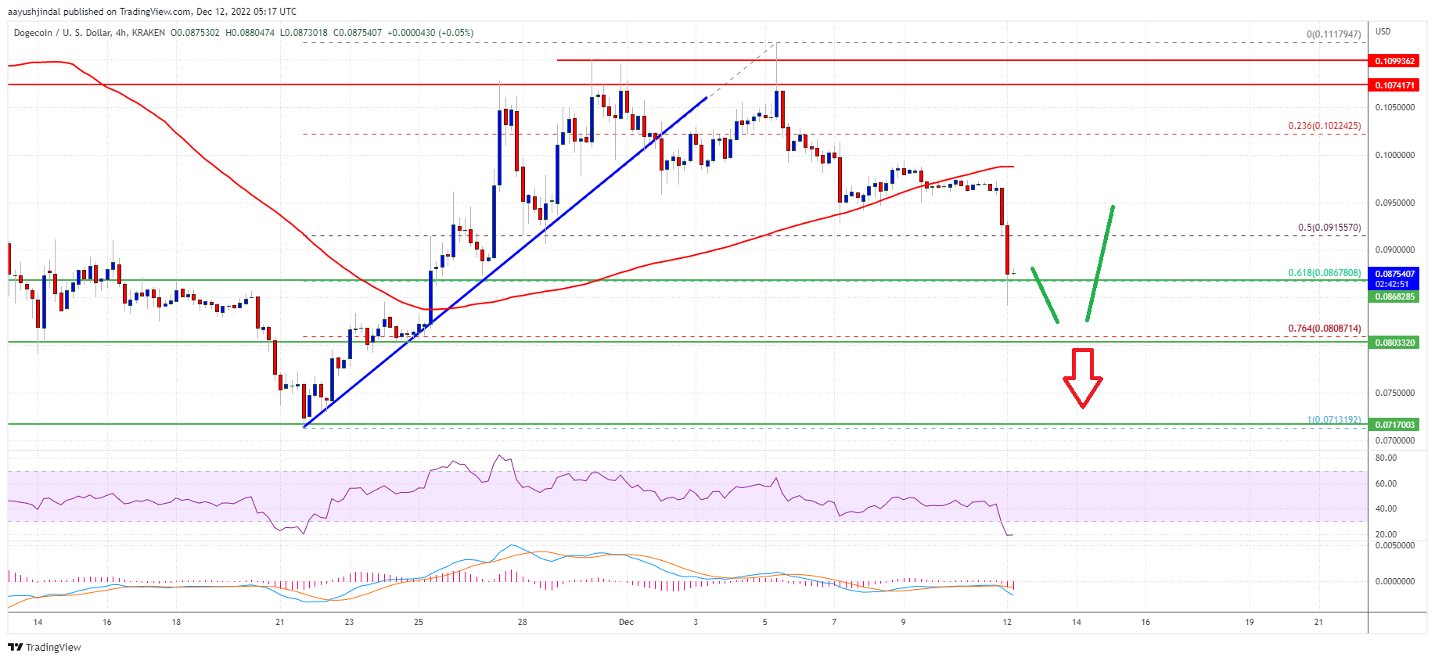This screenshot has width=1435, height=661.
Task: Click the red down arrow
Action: pos(1082,378)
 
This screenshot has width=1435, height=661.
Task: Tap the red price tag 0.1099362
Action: pos(1395,61)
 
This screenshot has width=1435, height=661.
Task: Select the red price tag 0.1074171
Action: pos(1395,85)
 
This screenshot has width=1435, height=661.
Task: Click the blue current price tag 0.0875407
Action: pos(1395,274)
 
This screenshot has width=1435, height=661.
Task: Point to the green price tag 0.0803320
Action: pos(1395,343)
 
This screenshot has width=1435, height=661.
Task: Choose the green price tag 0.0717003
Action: pos(1395,425)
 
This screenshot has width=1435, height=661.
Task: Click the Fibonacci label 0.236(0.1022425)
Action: pos(1324,126)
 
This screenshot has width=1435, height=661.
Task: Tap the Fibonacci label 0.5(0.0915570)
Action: pos(1329,228)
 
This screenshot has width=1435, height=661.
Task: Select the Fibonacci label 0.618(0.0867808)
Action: pos(1324,273)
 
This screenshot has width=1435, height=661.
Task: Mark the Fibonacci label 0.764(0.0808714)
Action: pos(1324,329)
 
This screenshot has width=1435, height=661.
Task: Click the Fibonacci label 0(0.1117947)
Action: pos(1333,34)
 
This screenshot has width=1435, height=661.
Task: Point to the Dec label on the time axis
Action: pos(626,622)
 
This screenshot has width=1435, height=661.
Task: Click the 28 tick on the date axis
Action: pos(522,622)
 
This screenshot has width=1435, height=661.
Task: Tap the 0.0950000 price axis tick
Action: pos(1395,203)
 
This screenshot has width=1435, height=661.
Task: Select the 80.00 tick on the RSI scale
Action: pos(1386,458)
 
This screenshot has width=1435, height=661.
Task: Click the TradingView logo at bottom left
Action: pos(45,647)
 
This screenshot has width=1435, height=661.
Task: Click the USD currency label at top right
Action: pos(1383,32)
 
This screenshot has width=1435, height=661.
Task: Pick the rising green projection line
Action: pos(1099,263)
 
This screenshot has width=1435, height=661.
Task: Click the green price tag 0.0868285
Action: pos(1395,297)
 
